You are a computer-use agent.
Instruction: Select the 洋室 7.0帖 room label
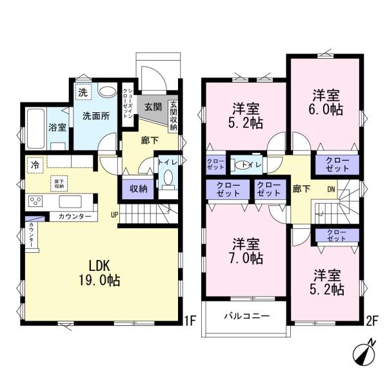coord(247,251)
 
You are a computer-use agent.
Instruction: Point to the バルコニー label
coord(246,316)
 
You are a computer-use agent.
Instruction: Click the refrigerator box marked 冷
coord(34,165)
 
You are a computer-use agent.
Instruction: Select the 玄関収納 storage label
coord(174,116)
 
